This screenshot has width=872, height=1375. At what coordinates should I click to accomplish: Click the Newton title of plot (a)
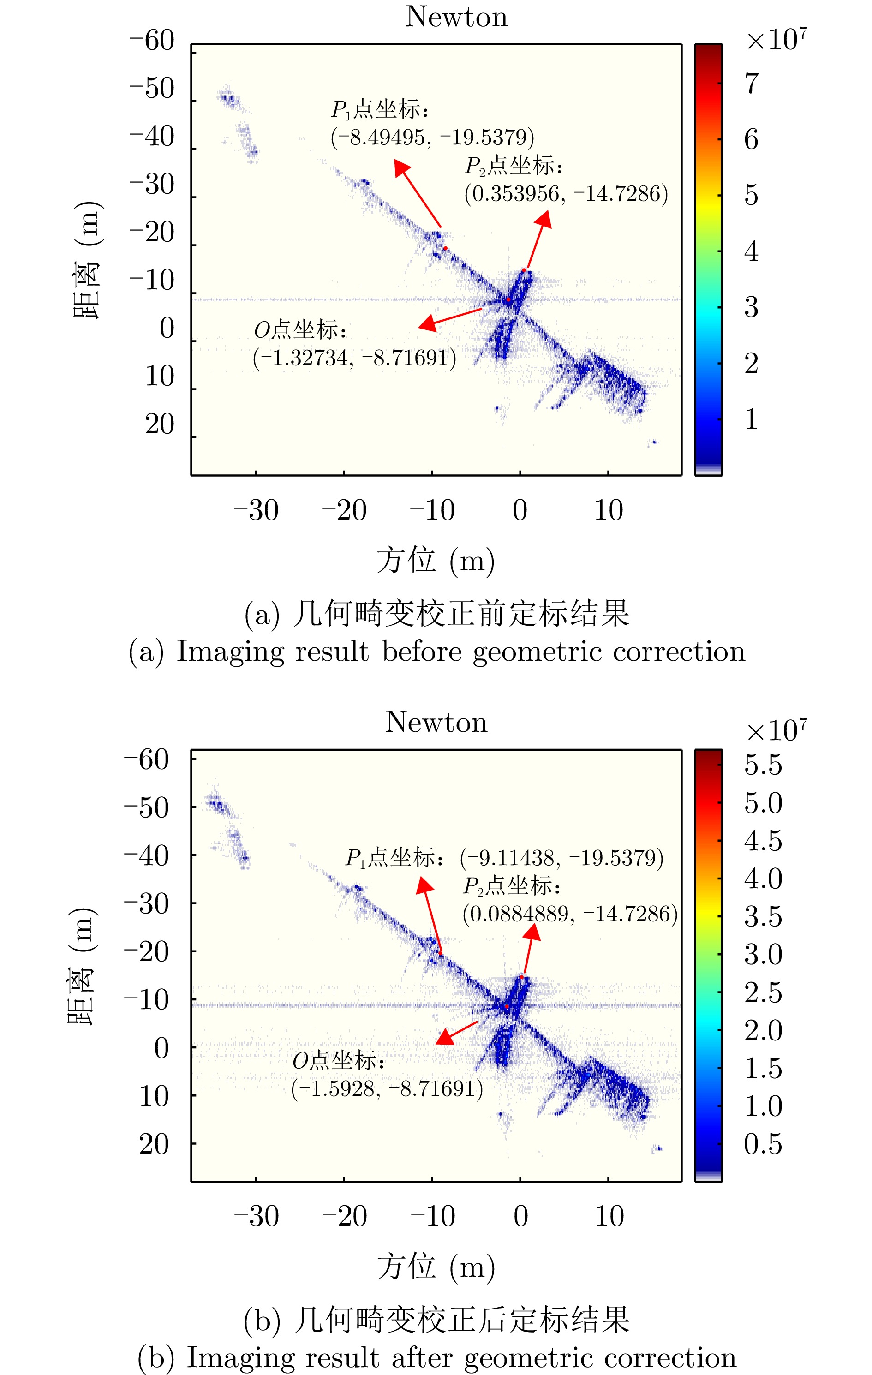(456, 17)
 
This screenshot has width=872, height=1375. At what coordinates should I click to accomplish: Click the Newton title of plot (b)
(436, 722)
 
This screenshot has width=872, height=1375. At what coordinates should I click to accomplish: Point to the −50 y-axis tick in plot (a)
(152, 89)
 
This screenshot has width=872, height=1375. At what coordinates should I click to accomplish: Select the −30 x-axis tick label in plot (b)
(257, 1216)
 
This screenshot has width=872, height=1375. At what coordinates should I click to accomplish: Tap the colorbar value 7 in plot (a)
(752, 84)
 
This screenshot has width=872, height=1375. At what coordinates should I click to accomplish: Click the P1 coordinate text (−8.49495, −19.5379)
(432, 137)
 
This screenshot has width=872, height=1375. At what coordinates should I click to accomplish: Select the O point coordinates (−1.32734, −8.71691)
(355, 358)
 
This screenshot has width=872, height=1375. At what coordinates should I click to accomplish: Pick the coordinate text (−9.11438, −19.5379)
(562, 858)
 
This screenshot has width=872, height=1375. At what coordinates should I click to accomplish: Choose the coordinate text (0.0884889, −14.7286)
(570, 914)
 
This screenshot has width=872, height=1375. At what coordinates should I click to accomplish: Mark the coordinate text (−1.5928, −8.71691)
(387, 1088)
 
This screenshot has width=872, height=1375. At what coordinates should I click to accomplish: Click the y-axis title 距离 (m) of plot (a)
(87, 260)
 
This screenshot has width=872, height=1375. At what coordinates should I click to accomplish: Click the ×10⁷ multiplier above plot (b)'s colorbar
(776, 730)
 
